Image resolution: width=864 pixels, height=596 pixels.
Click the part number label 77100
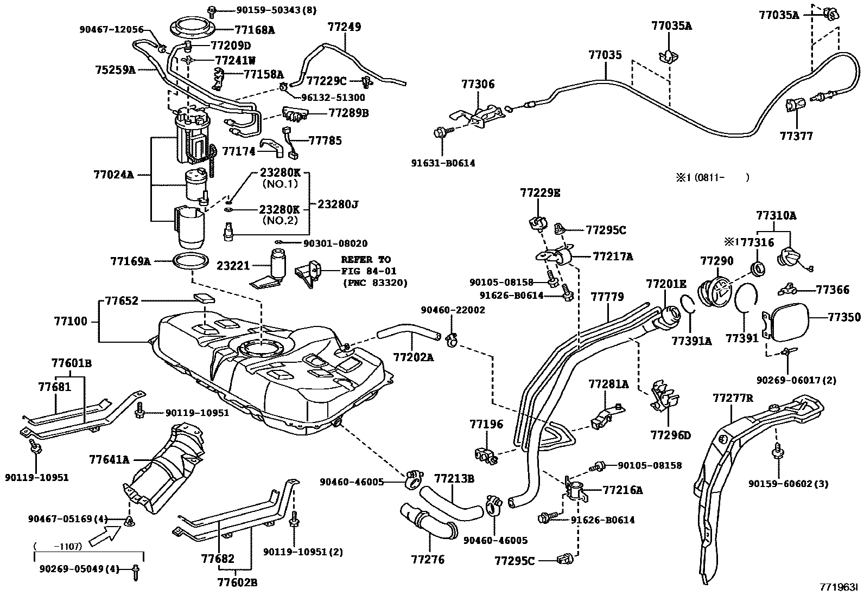(x=71, y=321)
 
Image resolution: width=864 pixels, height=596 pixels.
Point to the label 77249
(x=345, y=27)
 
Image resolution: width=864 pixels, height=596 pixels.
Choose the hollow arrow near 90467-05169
(x=105, y=535)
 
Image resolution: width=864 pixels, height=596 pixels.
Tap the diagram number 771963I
(x=839, y=587)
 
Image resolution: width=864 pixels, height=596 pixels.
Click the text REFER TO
(x=366, y=259)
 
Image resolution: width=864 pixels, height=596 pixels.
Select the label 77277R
(x=733, y=398)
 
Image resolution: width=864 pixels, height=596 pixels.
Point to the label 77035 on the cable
(x=605, y=55)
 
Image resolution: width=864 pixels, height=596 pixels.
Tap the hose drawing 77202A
(x=409, y=332)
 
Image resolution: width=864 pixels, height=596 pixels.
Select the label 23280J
(x=338, y=204)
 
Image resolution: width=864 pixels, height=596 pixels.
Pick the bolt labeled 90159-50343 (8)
(x=212, y=11)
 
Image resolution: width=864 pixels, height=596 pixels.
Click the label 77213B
(x=454, y=478)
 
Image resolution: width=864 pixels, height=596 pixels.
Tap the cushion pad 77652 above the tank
(x=204, y=298)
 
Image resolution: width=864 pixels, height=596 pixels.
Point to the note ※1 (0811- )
(x=712, y=177)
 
